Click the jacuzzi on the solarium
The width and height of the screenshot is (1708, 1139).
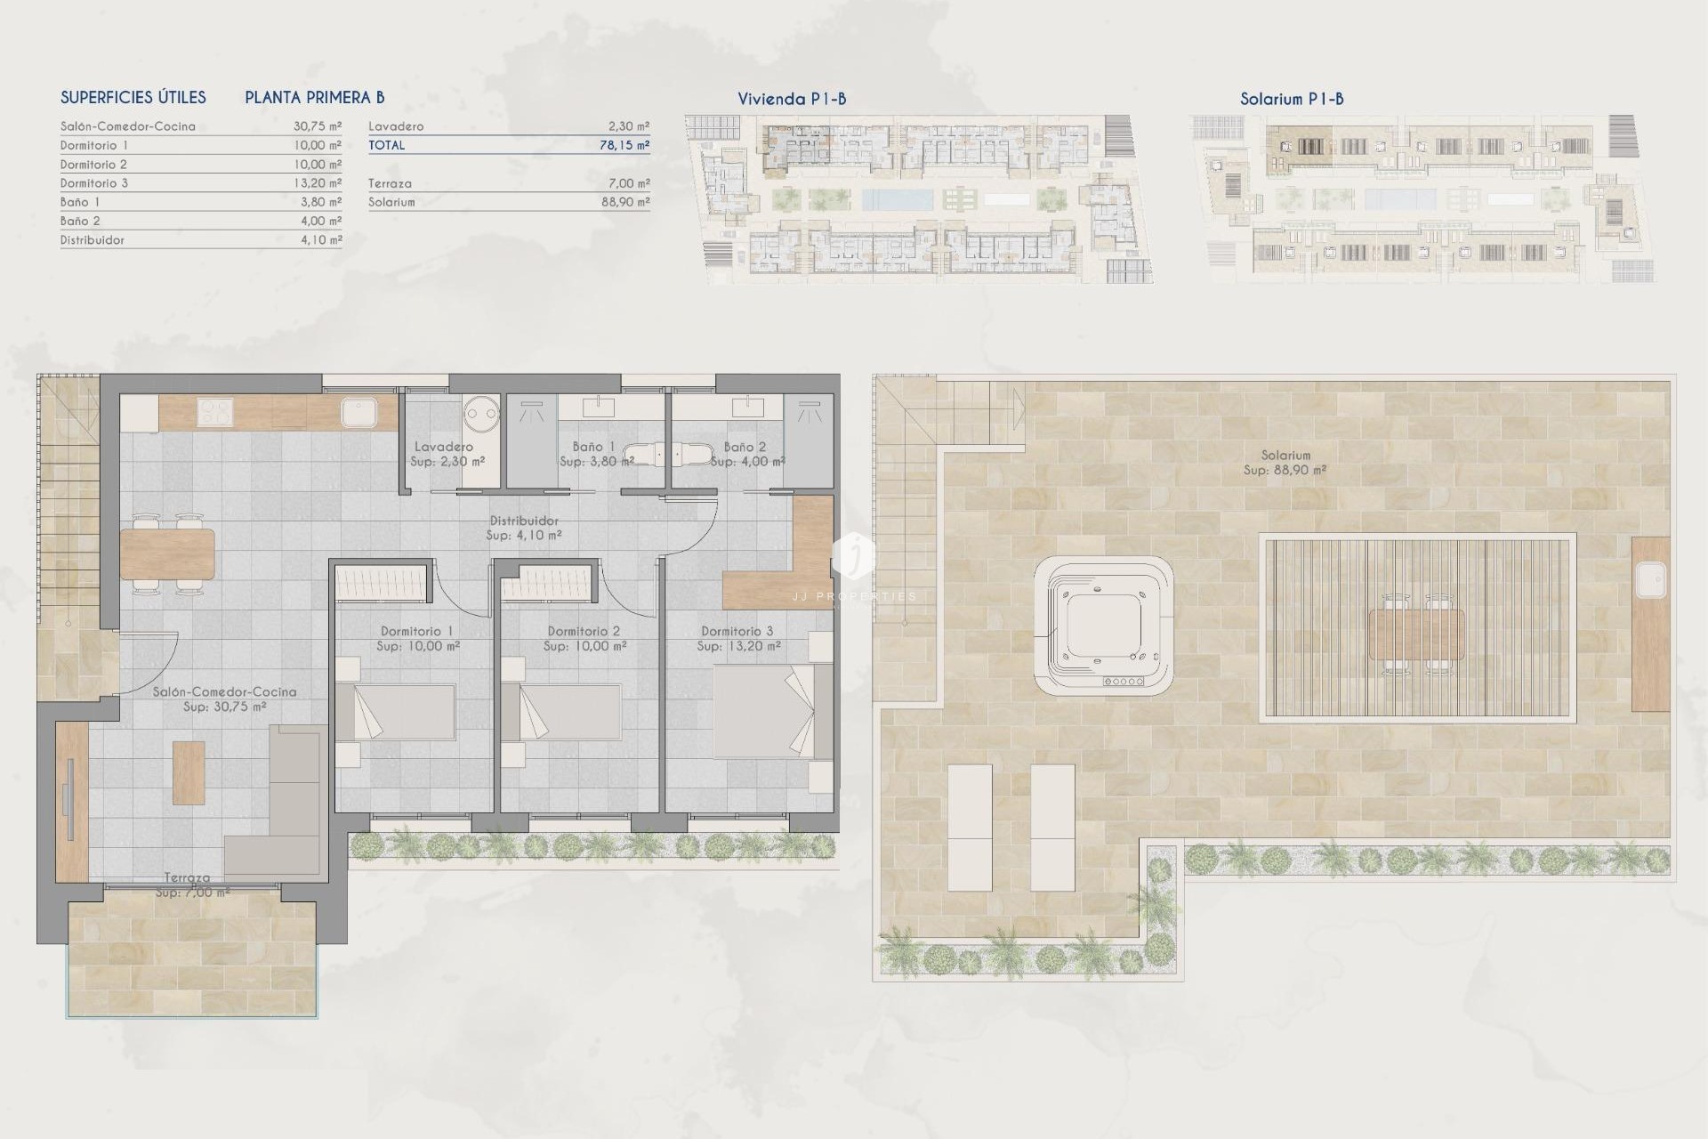tap(1103, 626)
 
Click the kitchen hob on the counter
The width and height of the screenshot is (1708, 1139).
tap(213, 412)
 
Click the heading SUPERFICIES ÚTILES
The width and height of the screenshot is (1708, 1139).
tap(133, 98)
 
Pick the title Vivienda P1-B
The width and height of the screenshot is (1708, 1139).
tap(792, 99)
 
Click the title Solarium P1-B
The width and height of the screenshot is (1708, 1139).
tap(1291, 99)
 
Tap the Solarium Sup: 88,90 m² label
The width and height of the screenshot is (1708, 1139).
tap(1285, 463)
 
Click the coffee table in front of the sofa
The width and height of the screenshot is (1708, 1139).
tap(189, 772)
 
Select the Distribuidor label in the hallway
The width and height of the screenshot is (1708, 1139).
tap(524, 528)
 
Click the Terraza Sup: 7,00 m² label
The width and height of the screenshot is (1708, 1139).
tap(189, 885)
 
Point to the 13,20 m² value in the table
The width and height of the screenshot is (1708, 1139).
tap(317, 183)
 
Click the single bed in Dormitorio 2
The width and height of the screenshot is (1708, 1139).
tap(569, 712)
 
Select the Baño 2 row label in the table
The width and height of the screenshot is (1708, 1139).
tap(80, 221)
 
